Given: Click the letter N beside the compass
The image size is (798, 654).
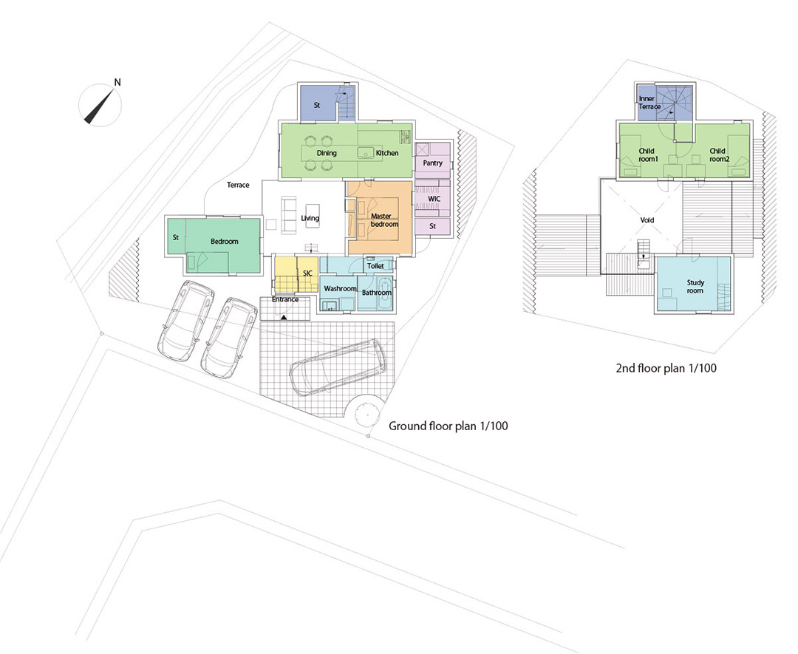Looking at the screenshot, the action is click(117, 82).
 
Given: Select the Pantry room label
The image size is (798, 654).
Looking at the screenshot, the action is click(432, 163).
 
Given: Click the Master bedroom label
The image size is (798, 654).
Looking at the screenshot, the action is click(384, 220).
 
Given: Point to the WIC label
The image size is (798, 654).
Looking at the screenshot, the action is click(434, 199).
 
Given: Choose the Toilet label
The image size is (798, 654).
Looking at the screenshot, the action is click(375, 266).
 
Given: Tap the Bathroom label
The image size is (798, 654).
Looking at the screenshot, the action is click(377, 293).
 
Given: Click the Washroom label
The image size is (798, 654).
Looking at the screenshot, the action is click(340, 289).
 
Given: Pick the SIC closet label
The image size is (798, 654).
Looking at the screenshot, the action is click(307, 273).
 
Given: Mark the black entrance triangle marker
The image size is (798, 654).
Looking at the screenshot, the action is click(284, 318).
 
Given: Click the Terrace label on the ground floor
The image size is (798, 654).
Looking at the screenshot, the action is click(238, 185).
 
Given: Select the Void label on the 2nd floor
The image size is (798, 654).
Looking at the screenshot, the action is click(647, 220).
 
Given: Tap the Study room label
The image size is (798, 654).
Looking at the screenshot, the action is click(695, 287).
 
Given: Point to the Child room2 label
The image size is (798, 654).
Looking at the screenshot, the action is click(717, 154).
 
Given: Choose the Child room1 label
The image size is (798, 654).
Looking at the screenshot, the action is click(647, 154).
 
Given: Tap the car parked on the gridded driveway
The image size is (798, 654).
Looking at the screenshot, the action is click(338, 367).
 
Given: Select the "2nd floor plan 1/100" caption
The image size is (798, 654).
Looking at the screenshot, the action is click(666, 368).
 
